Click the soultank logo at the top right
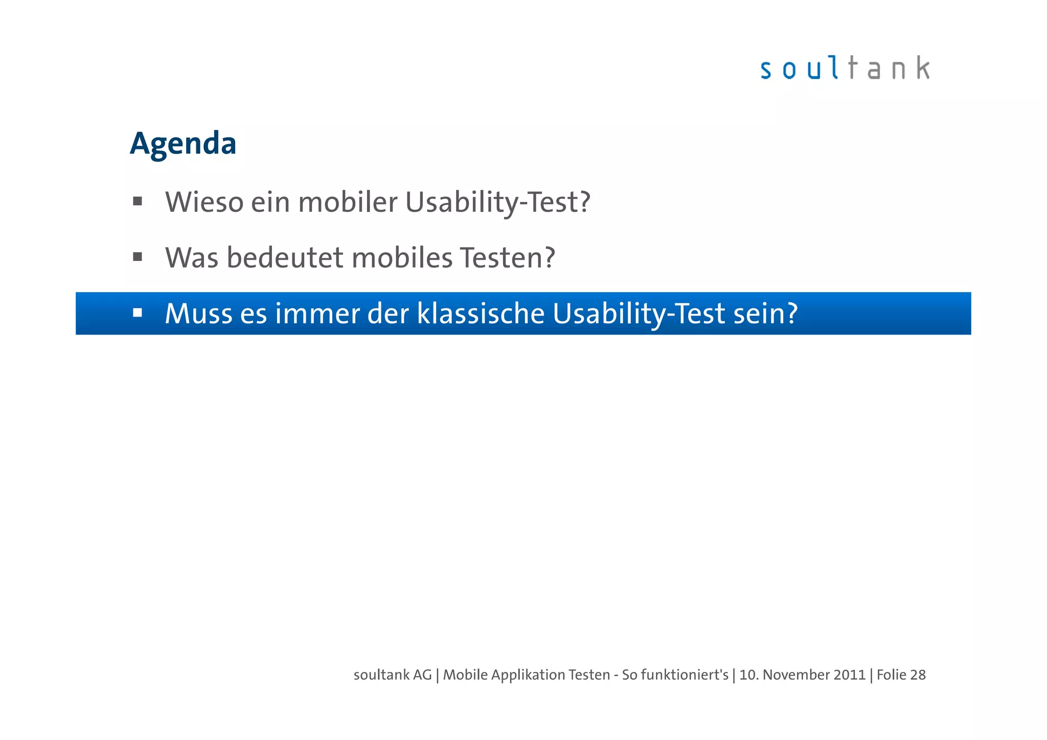click(x=845, y=69)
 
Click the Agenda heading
click(x=183, y=144)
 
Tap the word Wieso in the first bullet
click(x=204, y=202)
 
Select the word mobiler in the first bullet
click(x=348, y=202)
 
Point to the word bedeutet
click(x=285, y=258)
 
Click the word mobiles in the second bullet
click(x=402, y=258)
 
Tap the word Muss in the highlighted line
click(x=198, y=313)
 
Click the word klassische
click(x=481, y=313)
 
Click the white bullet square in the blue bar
click(x=137, y=312)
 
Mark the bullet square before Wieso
click(x=137, y=201)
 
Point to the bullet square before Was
click(x=137, y=257)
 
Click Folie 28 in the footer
click(x=901, y=675)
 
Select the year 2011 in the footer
click(x=850, y=675)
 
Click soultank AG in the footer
click(x=393, y=675)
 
